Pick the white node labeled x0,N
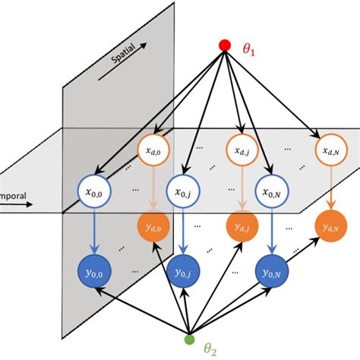(x=269, y=194)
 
